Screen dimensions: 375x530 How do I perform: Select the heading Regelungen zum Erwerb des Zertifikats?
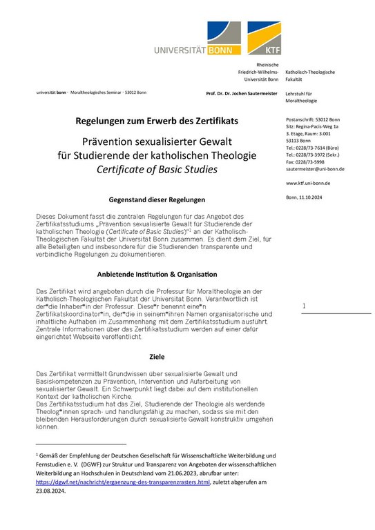coord(157,120)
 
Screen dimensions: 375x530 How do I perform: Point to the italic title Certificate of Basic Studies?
coord(157,169)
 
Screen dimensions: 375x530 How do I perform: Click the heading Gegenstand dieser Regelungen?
coord(157,196)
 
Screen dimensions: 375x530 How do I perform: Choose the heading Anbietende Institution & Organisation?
coord(157,274)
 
